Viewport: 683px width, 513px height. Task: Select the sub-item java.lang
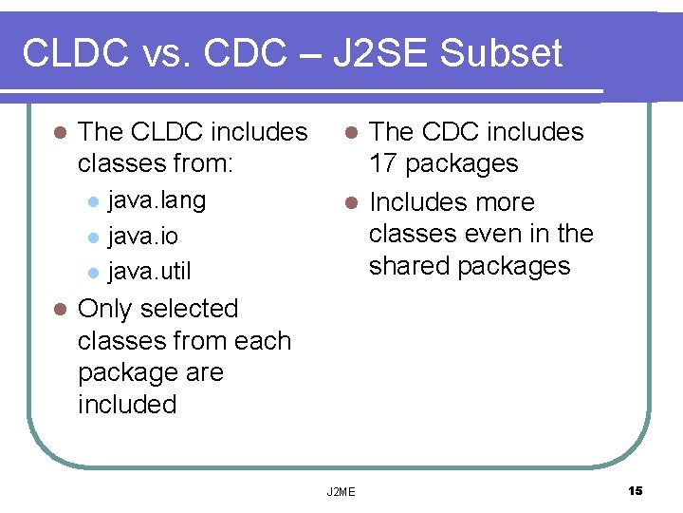(x=157, y=200)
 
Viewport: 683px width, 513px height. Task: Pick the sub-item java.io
(x=142, y=236)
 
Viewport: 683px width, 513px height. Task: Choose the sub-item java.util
(x=149, y=272)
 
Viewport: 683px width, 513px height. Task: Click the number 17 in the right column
(x=383, y=163)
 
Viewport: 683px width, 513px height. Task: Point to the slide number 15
(x=636, y=490)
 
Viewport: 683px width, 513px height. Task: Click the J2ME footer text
(x=341, y=491)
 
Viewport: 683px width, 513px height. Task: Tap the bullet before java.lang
(x=92, y=201)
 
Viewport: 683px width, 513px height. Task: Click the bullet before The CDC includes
(x=350, y=133)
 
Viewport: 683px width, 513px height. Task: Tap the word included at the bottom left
(x=127, y=404)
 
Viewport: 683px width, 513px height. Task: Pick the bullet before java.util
(x=92, y=273)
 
